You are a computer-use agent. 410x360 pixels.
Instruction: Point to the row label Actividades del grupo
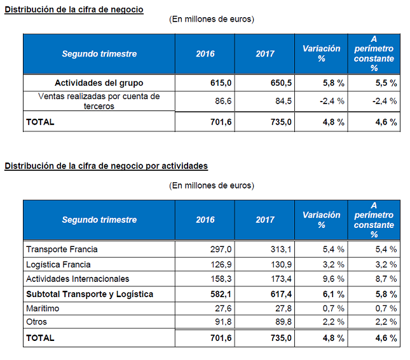pos(99,83)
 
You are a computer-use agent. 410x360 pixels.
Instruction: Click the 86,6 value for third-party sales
pos(219,101)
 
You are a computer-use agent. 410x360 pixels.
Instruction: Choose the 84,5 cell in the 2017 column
pos(283,101)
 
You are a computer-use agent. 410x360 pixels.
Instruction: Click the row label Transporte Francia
pos(62,249)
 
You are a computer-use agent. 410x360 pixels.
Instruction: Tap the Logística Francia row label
pos(58,264)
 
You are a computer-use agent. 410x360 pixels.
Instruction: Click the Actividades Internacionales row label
pos(78,279)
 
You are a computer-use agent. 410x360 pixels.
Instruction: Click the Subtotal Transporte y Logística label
pos(89,294)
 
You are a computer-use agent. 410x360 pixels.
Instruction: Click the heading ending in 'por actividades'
pos(106,166)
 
